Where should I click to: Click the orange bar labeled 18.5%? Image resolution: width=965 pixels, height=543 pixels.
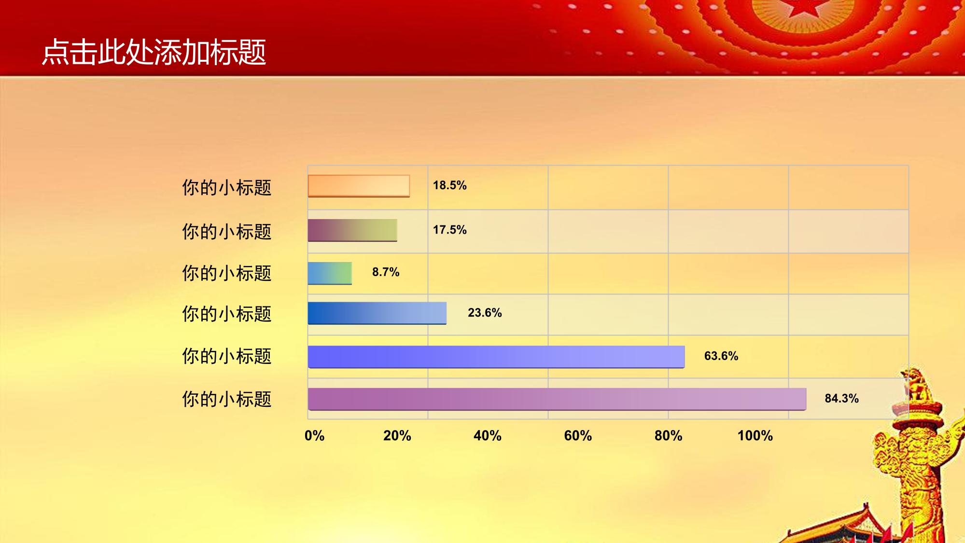(359, 186)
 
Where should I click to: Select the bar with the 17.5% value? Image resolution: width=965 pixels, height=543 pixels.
(352, 230)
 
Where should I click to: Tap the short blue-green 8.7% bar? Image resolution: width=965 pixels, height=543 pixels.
(330, 273)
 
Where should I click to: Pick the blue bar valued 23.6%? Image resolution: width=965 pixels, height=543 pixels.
(377, 313)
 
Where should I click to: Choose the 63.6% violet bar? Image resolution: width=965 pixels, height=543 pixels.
(496, 357)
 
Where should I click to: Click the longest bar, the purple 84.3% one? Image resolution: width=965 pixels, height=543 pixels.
(557, 399)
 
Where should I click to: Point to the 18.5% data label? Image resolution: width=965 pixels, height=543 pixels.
(449, 185)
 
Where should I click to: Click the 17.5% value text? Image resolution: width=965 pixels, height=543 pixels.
(449, 230)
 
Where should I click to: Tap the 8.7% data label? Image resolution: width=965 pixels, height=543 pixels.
(386, 272)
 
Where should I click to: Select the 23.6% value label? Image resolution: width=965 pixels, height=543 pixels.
(485, 313)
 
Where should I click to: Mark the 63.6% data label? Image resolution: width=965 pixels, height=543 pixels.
(721, 356)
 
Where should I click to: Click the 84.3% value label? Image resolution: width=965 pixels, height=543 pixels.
(841, 399)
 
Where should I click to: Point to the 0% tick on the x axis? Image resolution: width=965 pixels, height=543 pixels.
(314, 436)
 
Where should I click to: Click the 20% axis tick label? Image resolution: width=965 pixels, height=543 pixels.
(397, 436)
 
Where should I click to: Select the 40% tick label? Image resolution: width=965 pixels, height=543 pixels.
(488, 436)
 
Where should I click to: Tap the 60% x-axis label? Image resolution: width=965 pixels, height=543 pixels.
(578, 436)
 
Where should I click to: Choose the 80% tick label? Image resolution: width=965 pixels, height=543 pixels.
(668, 436)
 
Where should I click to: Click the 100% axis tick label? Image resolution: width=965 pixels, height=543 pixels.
(755, 436)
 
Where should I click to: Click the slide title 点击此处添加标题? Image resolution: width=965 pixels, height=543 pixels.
(154, 52)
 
